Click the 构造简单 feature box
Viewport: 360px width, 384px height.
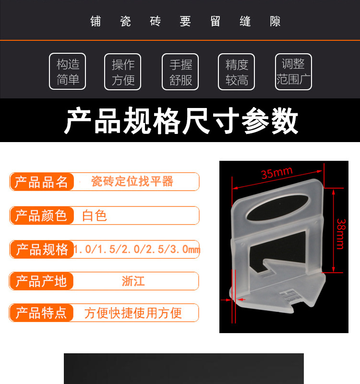pos(68,72)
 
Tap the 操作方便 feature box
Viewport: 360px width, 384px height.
pos(123,72)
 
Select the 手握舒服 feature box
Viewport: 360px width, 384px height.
pos(180,72)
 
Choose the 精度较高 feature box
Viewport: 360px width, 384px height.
pos(237,72)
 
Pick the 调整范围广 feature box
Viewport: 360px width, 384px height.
pos(293,72)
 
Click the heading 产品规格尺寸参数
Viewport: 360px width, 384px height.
pos(181,121)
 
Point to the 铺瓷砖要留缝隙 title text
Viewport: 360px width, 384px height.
pos(185,22)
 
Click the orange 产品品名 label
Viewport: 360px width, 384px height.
pos(42,182)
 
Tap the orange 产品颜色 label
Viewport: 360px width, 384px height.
pos(41,216)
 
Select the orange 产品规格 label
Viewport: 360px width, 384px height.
pos(42,249)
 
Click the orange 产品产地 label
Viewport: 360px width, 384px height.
pos(41,281)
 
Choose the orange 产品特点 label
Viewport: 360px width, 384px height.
pos(41,313)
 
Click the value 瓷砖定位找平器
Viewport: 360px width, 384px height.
pos(132,181)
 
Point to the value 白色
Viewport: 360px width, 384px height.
pos(95,216)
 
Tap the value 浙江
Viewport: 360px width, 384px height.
pos(133,281)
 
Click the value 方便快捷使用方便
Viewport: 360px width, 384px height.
pos(133,313)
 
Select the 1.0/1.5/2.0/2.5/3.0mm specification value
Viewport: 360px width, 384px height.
pos(137,250)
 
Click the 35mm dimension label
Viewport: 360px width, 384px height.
pos(276,172)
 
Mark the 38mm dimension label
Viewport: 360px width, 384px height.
pos(340,234)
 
